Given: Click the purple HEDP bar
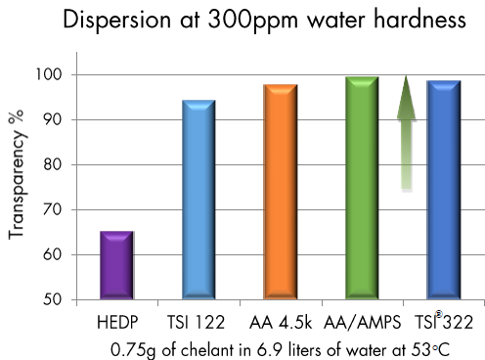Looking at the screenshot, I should pos(116,264).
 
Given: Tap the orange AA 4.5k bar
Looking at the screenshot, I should pos(280,191).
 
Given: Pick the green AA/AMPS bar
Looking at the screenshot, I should pos(362,187).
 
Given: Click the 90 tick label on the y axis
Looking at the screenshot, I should pos(55,120).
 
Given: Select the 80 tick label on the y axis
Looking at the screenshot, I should pos(55,165).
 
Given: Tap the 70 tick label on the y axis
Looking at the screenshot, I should pos(55,209).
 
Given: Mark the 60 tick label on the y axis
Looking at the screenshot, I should pos(55,254).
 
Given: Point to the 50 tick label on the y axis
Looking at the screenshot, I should pos(55,299).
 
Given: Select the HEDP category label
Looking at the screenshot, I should pos(116,322).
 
